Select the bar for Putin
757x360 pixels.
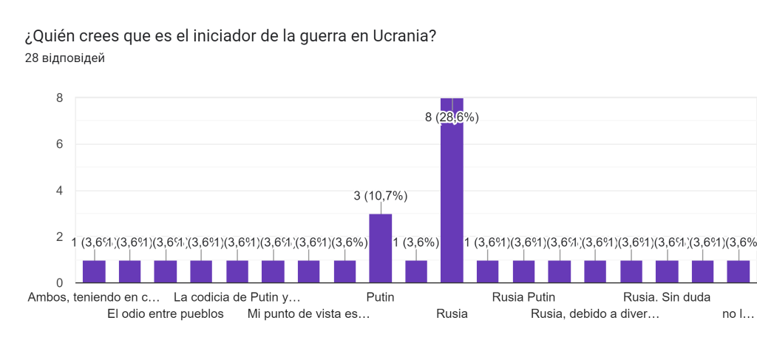point(380,248)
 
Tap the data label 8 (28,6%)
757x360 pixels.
point(452,117)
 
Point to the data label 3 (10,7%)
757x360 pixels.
point(380,196)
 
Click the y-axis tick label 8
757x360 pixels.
point(59,98)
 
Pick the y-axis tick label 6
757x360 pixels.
point(59,144)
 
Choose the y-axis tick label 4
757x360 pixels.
point(59,191)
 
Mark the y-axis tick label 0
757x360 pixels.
point(59,283)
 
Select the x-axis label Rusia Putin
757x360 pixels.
point(523,298)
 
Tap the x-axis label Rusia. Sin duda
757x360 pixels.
point(667,298)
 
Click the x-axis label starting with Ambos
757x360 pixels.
point(94,298)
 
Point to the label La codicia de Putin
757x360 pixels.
point(237,298)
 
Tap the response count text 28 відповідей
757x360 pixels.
point(64,58)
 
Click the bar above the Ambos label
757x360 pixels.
point(94,271)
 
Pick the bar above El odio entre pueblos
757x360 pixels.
point(129,271)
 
